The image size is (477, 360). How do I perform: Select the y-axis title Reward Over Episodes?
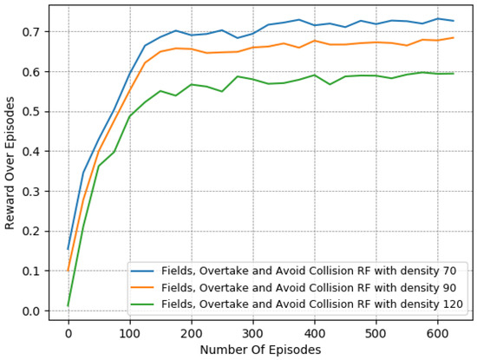(x=10, y=165)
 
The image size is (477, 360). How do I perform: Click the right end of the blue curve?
(x=453, y=21)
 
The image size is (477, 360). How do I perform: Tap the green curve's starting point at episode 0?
(x=68, y=305)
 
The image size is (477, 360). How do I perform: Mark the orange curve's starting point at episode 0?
(x=68, y=271)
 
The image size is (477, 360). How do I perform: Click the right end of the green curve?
(x=453, y=74)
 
